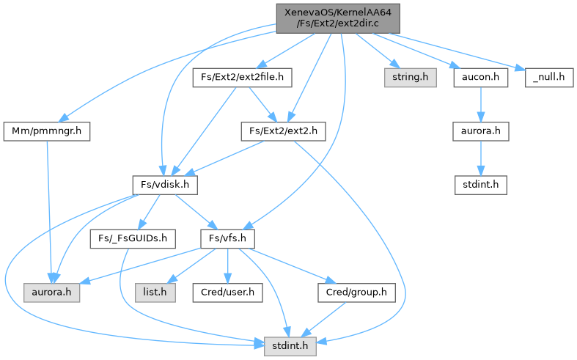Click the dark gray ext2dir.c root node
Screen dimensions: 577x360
coord(338,18)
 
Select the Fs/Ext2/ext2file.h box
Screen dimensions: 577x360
coord(242,77)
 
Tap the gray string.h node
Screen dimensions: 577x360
coord(411,77)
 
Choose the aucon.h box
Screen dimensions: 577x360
coord(480,77)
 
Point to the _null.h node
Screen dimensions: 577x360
coord(549,77)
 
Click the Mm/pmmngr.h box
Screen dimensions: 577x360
coord(47,131)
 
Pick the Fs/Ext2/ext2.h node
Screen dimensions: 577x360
coord(283,131)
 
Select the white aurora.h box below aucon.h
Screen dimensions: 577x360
coord(480,131)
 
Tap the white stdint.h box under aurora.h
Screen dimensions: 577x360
coord(480,185)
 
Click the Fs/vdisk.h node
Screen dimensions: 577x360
coord(165,185)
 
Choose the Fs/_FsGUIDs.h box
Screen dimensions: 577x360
coord(133,239)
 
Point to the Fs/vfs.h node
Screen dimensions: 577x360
coord(227,239)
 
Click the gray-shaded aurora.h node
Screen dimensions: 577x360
coord(51,293)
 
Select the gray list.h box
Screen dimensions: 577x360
coord(155,293)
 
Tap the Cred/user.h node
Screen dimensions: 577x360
coord(227,293)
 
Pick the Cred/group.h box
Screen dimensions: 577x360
coord(356,293)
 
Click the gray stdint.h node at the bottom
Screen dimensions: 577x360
coord(290,346)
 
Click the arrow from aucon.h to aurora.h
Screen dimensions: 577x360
coord(480,105)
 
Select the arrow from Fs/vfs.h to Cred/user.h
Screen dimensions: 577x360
coord(227,265)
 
